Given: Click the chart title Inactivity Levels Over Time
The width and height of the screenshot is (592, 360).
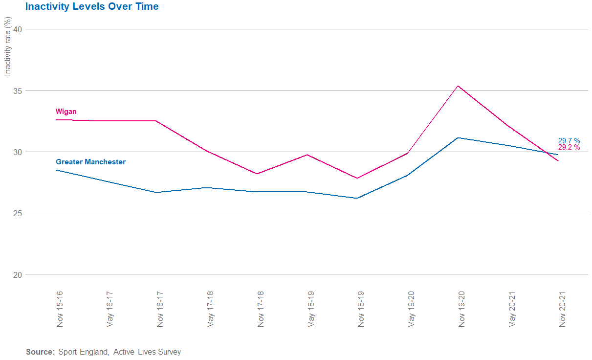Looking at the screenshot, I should tap(92, 7).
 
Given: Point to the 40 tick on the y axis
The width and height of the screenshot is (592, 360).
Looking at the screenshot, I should tap(18, 29).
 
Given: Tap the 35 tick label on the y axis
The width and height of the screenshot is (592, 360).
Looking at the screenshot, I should tap(18, 90).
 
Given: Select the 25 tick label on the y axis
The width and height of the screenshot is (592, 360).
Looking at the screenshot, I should tap(18, 213).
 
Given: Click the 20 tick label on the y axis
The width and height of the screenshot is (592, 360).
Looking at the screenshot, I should tap(18, 274).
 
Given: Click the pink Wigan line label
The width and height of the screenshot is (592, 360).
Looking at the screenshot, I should tap(66, 112).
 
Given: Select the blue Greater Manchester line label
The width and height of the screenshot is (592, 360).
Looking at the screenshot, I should tap(90, 161).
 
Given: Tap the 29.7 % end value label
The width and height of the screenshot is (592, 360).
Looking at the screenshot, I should tap(569, 141).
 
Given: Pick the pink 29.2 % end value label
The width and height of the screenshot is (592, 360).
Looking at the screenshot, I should tap(569, 147).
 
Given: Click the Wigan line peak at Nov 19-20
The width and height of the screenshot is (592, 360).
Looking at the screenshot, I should tap(458, 86).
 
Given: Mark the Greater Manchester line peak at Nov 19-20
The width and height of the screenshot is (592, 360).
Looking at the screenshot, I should tap(458, 137).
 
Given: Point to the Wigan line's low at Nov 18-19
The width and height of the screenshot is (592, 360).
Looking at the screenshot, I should tap(357, 178).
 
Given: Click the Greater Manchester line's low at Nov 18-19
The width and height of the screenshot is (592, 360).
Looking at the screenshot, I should tap(357, 198).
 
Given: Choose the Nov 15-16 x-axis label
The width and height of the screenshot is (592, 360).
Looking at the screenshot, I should tap(60, 309).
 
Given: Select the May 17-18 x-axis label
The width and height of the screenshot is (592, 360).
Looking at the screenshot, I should tap(211, 309).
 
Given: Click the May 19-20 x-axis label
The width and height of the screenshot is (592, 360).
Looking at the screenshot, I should tap(412, 309).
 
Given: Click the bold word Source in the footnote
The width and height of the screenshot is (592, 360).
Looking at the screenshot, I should tap(40, 352).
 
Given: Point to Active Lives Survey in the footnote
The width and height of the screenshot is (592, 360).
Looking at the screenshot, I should tap(147, 352).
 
